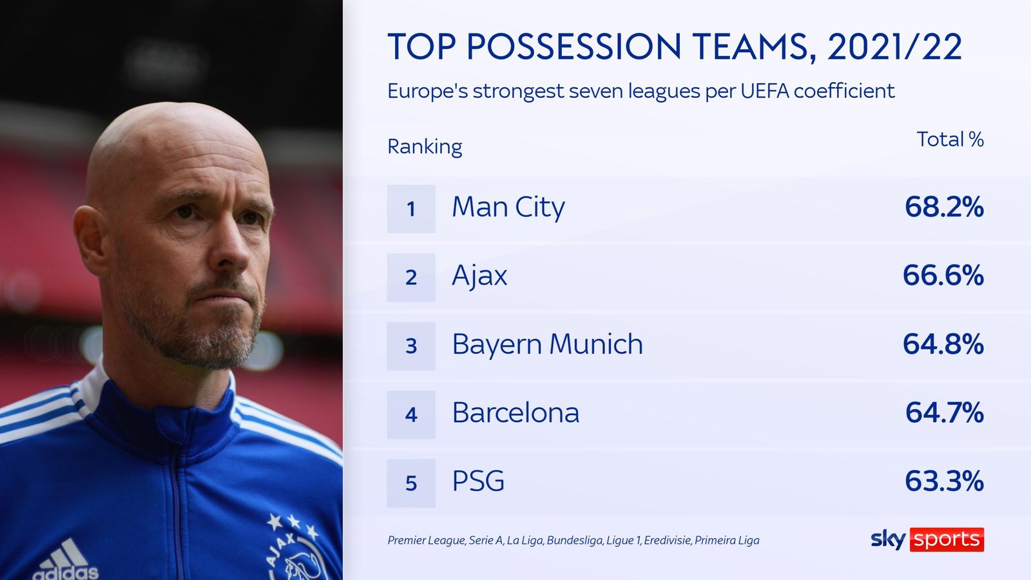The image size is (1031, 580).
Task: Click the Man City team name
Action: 508,208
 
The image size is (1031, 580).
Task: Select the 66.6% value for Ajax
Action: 943,276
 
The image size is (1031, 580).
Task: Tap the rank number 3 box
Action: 411,346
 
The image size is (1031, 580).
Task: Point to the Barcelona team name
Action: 515,413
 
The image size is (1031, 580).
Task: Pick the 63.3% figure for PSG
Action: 944,481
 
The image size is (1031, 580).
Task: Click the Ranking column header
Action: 425,147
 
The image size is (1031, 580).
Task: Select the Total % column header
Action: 950,139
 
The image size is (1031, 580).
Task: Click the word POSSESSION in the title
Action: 573,47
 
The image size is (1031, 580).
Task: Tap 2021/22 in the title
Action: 894,47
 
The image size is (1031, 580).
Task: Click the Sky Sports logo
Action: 927,539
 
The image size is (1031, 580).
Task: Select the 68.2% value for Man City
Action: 944,208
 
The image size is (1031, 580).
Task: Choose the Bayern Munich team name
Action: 547,345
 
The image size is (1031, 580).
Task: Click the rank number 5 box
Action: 411,483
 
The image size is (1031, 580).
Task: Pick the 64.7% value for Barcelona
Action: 944,413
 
